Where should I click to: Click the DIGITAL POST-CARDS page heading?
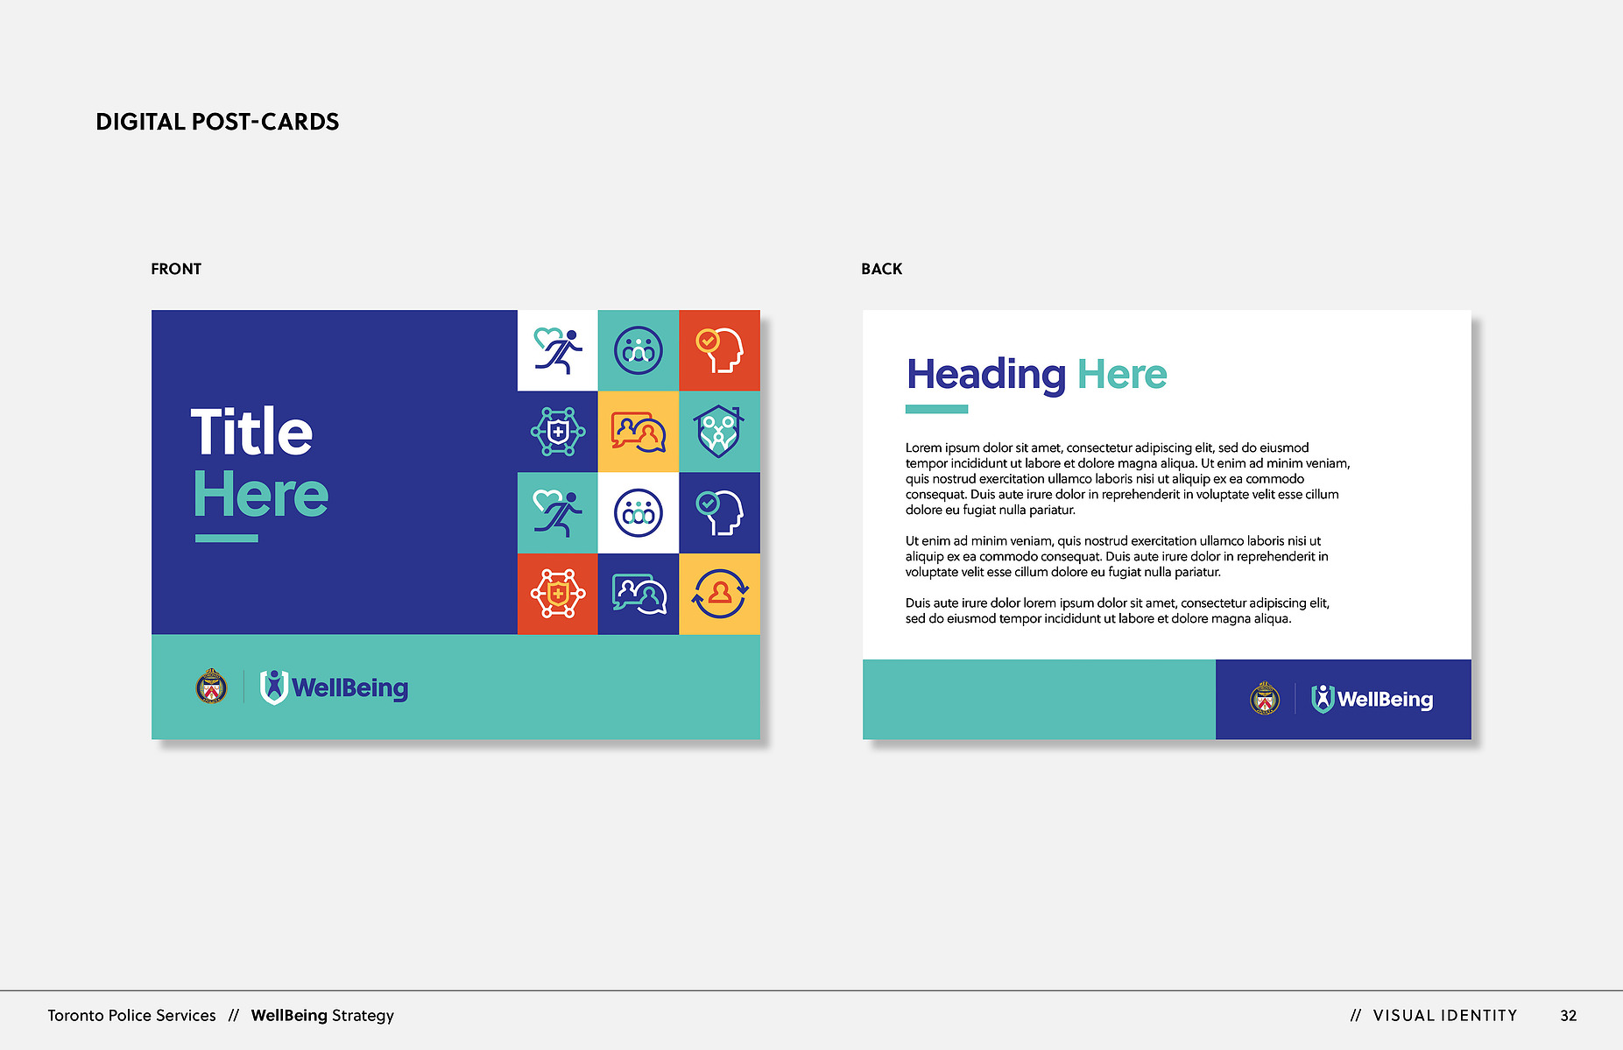[x=217, y=122]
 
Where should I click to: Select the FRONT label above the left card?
[x=176, y=269]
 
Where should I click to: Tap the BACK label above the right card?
[x=881, y=269]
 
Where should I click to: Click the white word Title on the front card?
[x=251, y=431]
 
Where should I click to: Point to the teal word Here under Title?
[x=261, y=494]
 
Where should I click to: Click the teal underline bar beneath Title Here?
[x=226, y=539]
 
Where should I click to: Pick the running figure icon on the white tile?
[x=558, y=350]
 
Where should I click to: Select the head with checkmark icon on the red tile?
[x=719, y=350]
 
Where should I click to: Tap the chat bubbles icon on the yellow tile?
[x=639, y=432]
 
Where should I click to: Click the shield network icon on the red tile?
[x=558, y=594]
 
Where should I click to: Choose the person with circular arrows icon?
[x=719, y=594]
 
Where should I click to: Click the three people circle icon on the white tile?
[x=639, y=512]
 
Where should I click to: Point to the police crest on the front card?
[x=211, y=687]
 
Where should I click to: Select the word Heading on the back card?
[x=986, y=376]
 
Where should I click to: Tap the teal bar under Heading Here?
[x=936, y=409]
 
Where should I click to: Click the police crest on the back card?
[x=1265, y=698]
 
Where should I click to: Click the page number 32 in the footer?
[x=1568, y=1016]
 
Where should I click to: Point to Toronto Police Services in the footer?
[x=131, y=1016]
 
